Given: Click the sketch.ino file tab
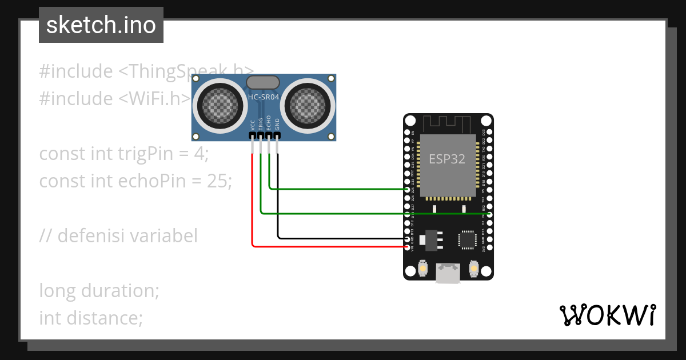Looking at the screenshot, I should tap(101, 25).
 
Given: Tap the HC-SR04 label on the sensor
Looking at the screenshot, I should tap(264, 97).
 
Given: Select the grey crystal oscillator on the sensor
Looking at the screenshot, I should tap(263, 82).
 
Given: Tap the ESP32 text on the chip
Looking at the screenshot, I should tap(447, 159).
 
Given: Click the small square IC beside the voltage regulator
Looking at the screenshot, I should tap(467, 240).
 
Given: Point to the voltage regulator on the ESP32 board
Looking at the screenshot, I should tap(431, 240).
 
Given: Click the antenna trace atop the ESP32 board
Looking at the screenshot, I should tap(448, 123).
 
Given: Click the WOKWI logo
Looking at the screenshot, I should tap(607, 315).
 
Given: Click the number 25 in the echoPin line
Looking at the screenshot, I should tap(217, 181).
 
